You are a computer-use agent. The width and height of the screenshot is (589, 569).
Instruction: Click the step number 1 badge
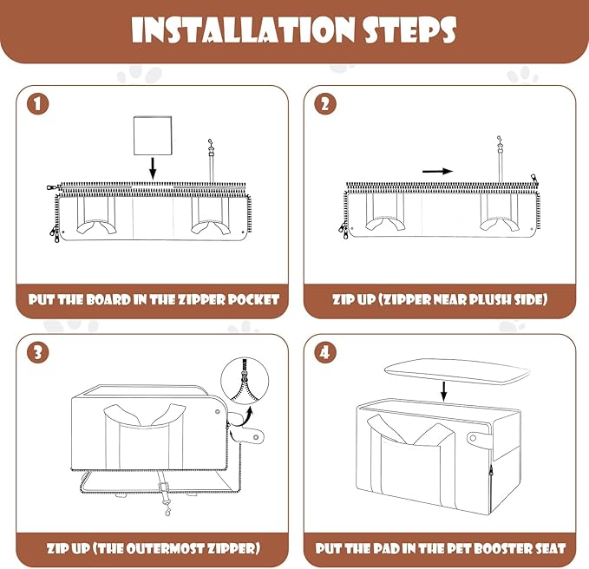tap(37, 104)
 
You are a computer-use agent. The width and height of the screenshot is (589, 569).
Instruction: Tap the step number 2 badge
tap(325, 104)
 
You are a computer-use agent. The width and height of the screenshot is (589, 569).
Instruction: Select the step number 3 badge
tap(37, 353)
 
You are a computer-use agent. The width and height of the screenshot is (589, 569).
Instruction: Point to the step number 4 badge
tap(325, 353)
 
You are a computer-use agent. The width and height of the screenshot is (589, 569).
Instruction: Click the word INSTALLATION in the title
tap(243, 30)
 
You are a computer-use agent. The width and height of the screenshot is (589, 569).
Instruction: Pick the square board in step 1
tap(153, 135)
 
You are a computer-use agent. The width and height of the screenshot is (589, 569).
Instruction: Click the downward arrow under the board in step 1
tap(153, 168)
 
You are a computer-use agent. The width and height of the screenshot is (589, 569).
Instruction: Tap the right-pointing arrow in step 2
tap(437, 171)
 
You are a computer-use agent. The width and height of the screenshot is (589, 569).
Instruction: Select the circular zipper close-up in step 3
tap(245, 380)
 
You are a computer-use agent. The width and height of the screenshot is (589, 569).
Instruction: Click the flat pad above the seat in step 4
tap(457, 371)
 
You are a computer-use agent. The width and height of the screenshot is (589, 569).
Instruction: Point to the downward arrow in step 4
tap(443, 391)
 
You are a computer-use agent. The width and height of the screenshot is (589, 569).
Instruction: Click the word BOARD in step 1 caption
tap(108, 300)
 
